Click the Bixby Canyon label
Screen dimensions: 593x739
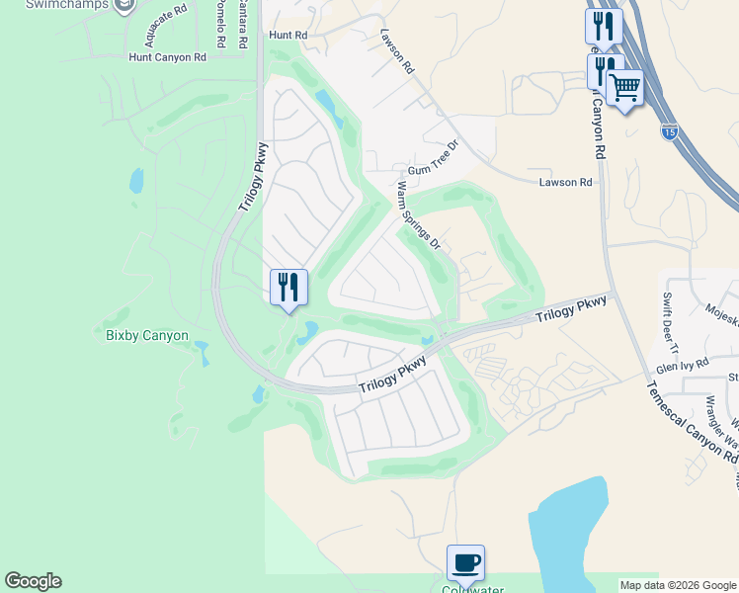coord(147,335)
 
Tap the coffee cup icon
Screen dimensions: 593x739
coord(465,563)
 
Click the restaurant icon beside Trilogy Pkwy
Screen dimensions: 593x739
coord(288,288)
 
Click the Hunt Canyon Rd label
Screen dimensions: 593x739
coord(167,57)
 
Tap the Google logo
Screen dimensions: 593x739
coord(33,581)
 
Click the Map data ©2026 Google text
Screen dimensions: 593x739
coord(678,585)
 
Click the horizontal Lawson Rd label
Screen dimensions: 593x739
coord(565,182)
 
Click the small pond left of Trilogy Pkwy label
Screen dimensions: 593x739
coord(135,181)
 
